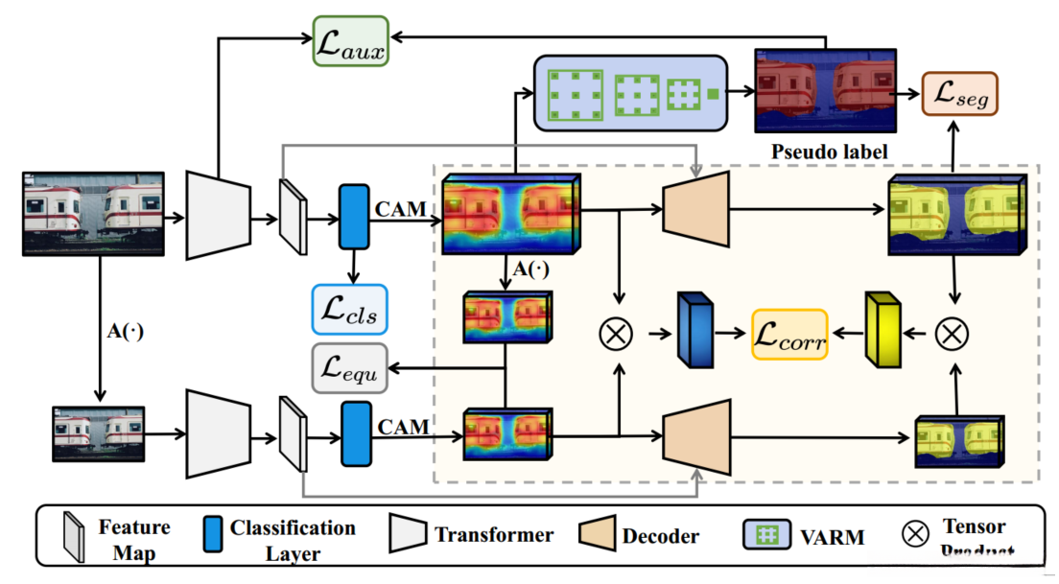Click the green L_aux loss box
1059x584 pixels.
pyautogui.click(x=349, y=41)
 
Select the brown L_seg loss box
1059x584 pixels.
pyautogui.click(x=960, y=94)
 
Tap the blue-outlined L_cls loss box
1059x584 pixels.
pyautogui.click(x=349, y=308)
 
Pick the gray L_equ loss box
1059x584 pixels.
pyautogui.click(x=349, y=369)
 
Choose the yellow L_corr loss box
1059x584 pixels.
pyautogui.click(x=788, y=334)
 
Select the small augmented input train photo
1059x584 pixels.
pyautogui.click(x=99, y=434)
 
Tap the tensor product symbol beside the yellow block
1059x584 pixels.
pyautogui.click(x=952, y=333)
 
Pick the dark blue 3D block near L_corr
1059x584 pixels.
pyautogui.click(x=696, y=331)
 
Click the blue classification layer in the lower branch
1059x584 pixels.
pyautogui.click(x=356, y=434)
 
